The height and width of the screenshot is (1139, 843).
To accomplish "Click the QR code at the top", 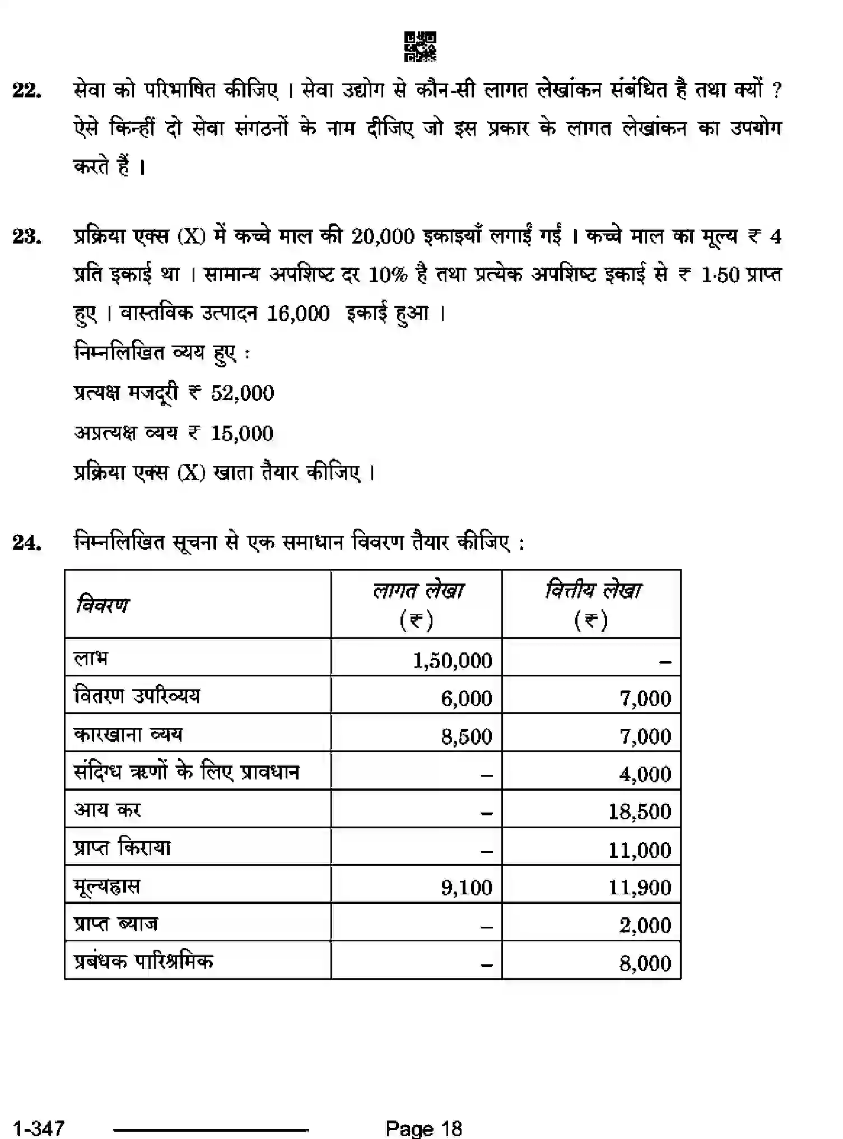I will tap(420, 46).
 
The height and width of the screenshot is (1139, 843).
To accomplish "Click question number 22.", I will tap(27, 90).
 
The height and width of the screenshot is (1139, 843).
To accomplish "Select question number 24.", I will tap(27, 543).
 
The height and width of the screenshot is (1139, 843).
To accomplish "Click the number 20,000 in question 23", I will tap(383, 237).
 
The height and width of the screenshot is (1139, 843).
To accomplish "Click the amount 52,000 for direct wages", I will tap(243, 393).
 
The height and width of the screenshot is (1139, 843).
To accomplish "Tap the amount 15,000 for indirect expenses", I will tap(241, 433).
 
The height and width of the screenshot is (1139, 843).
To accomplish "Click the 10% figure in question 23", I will tap(388, 275).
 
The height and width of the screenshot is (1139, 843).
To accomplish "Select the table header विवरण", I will tap(103, 605).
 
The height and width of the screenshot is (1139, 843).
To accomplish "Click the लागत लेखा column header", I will tap(417, 591).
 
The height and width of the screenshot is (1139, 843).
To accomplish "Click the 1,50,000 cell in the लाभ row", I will tap(452, 661).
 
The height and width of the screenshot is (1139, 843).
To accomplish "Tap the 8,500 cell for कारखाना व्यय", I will tap(466, 736).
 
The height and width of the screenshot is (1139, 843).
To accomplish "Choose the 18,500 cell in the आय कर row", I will tap(639, 811).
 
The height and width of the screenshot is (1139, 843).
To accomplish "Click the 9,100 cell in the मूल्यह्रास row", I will tap(466, 888).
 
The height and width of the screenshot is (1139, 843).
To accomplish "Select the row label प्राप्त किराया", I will tap(122, 848).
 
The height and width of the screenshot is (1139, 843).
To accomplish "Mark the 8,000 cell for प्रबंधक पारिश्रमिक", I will tap(645, 963).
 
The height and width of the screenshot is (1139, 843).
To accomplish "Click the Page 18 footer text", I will tap(423, 1127).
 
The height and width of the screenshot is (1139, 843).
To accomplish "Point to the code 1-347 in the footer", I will tap(39, 1127).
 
